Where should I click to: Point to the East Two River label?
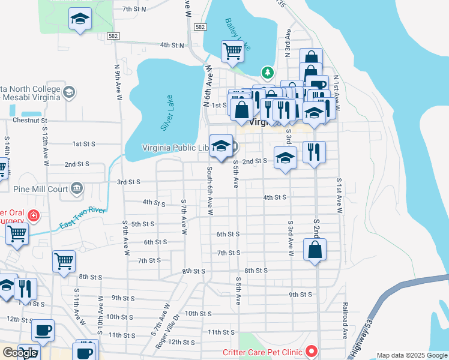(x=82, y=218)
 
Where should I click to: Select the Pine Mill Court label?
(x=41, y=188)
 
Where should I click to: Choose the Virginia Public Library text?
(x=175, y=148)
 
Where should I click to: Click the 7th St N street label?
(x=134, y=9)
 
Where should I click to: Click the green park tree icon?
(x=267, y=73)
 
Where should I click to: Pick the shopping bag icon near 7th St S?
(x=315, y=248)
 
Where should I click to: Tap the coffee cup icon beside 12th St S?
(x=43, y=330)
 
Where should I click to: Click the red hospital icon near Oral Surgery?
(x=34, y=215)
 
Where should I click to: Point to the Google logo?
(x=20, y=353)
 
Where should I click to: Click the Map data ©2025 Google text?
(x=412, y=355)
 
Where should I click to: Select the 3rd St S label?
(x=128, y=182)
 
